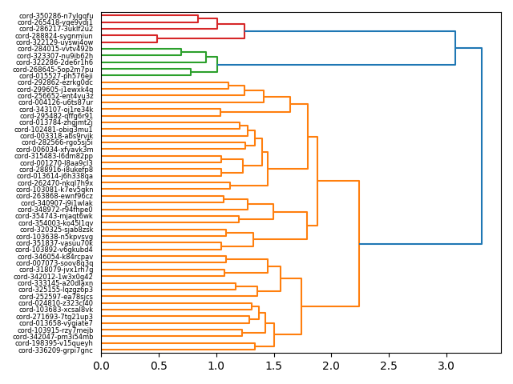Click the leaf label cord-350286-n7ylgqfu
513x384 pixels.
click(55, 15)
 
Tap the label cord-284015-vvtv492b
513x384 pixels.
click(55, 49)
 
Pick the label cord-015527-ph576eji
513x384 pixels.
click(55, 76)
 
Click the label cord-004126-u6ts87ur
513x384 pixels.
click(55, 102)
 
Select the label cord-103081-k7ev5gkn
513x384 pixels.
click(55, 190)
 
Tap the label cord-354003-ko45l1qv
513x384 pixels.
click(55, 223)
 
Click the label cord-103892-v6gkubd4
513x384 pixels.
click(55, 250)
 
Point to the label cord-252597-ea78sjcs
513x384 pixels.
click(55, 297)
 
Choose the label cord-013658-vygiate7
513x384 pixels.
click(55, 323)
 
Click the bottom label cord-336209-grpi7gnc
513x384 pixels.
click(56, 350)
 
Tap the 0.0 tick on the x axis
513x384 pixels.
click(101, 366)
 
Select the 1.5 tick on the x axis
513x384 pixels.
click(273, 366)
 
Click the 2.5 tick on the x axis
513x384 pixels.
click(389, 366)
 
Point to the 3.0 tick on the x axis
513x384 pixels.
click(446, 366)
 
